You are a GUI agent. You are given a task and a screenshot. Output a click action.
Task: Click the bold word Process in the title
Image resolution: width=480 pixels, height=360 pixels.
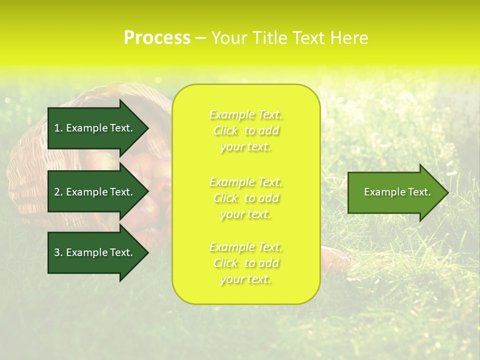click(x=157, y=38)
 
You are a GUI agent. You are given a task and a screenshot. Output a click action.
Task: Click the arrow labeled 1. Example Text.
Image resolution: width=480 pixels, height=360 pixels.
click(x=95, y=128)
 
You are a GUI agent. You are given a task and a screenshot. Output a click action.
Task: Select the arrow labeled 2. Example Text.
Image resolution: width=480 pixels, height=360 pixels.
click(x=95, y=192)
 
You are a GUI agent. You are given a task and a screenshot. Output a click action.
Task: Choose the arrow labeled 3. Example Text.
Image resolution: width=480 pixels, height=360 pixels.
click(x=95, y=252)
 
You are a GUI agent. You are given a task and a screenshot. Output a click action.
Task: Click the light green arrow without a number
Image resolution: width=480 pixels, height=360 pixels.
click(x=395, y=192)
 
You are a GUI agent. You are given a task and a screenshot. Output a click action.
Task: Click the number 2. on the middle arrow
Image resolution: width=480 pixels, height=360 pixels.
click(x=58, y=192)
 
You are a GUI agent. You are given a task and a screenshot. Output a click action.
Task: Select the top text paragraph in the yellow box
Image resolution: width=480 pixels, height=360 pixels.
click(x=246, y=130)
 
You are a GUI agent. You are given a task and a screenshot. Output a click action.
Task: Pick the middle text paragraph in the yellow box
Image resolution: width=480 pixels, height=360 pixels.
click(x=246, y=198)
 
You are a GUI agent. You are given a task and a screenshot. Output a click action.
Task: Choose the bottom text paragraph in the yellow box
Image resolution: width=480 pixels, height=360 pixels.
click(x=246, y=263)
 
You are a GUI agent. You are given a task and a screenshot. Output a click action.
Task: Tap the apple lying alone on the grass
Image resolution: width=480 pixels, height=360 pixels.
click(x=335, y=257)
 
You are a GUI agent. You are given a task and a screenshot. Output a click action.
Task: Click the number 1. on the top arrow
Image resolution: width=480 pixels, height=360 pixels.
click(x=58, y=128)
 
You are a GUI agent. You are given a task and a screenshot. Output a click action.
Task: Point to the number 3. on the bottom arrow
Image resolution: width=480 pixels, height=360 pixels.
click(x=58, y=252)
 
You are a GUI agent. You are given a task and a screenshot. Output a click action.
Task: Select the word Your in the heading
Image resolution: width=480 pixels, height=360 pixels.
click(x=229, y=38)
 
